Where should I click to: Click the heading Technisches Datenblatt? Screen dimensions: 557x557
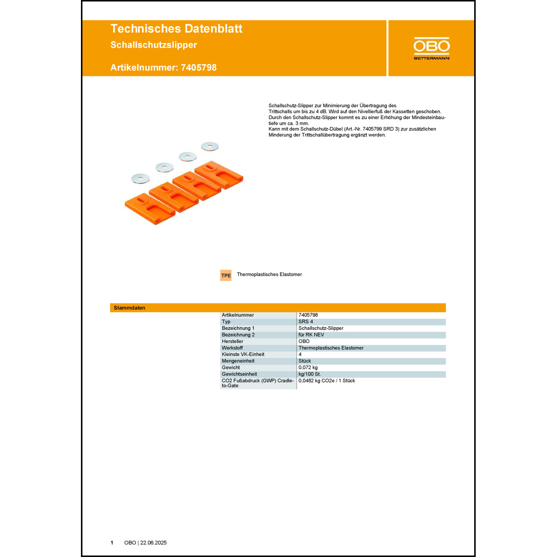point(176,29)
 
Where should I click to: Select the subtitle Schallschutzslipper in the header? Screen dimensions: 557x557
point(154,45)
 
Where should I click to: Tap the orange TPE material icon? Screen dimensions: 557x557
point(226,275)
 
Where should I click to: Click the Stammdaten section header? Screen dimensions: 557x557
point(130,308)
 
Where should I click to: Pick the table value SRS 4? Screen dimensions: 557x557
point(306,322)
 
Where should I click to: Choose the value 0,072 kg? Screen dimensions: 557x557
point(308,368)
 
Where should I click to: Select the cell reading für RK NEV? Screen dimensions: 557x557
point(311,335)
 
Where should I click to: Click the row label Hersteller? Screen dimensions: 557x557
point(232,341)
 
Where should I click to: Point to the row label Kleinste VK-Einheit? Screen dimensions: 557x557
point(243,354)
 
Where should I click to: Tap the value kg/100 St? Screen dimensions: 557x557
point(309,374)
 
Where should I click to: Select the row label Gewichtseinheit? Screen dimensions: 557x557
point(239,374)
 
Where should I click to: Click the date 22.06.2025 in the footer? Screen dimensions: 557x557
point(153,543)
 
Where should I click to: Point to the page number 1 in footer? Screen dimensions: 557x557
point(112,543)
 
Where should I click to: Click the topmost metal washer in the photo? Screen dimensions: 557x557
point(210,146)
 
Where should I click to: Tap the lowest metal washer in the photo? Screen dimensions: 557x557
point(140,179)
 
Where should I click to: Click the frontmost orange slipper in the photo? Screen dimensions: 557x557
point(150,209)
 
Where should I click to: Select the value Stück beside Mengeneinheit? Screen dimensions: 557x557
point(304,361)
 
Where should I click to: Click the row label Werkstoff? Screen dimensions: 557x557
point(232,348)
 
